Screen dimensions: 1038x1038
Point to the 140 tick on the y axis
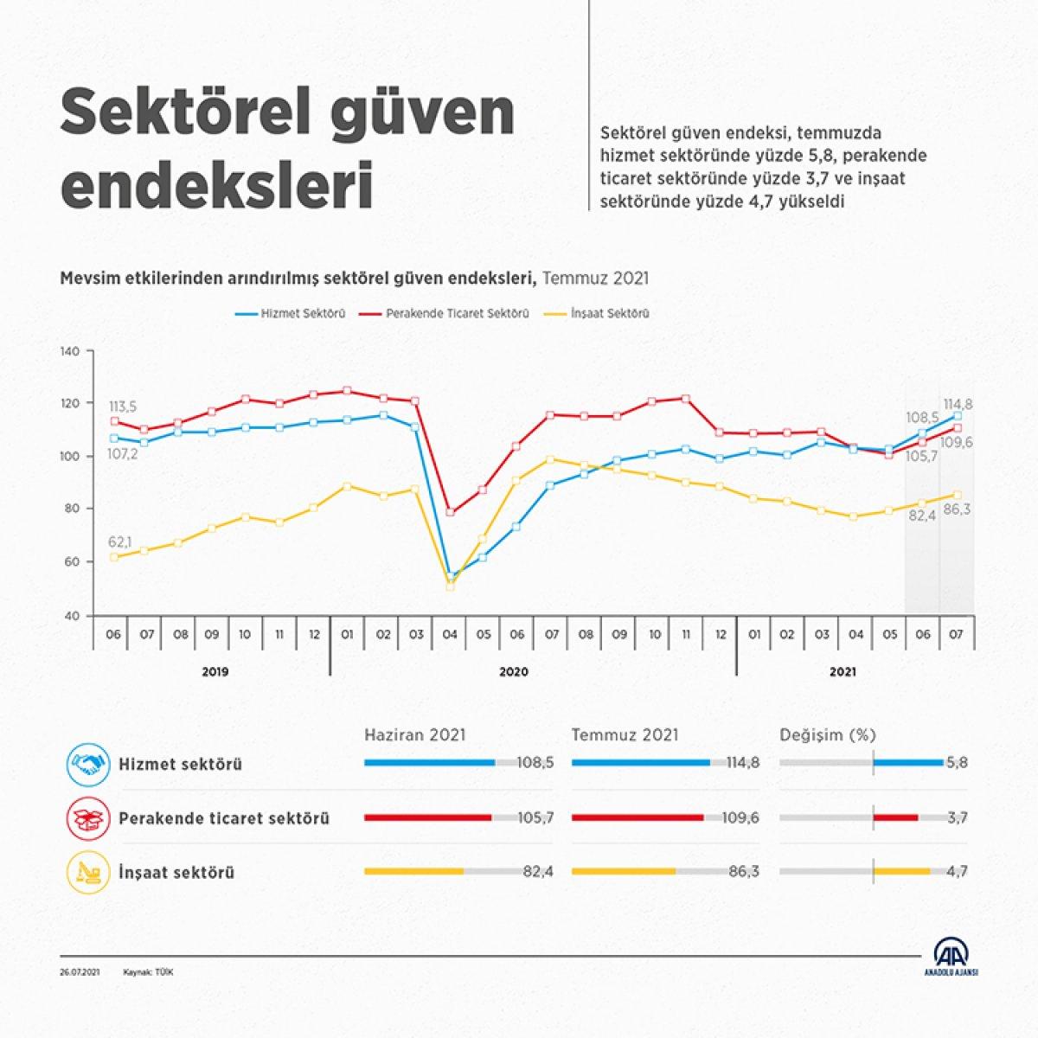click(x=70, y=351)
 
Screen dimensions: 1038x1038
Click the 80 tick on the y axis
click(x=70, y=509)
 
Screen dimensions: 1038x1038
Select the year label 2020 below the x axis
click(x=514, y=671)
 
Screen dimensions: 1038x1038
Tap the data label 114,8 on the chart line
click(x=958, y=403)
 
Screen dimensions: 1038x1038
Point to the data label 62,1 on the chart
click(x=121, y=541)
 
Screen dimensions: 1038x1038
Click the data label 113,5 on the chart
click(x=123, y=406)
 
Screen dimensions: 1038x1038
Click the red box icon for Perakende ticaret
click(x=88, y=818)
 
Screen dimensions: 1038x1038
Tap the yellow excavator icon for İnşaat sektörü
click(x=88, y=872)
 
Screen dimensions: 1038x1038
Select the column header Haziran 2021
click(x=415, y=735)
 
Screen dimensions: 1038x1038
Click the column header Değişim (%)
click(x=828, y=735)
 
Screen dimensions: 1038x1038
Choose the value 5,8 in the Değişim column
click(x=958, y=764)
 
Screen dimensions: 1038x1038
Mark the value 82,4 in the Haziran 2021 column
click(x=538, y=872)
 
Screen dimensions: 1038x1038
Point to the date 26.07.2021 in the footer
click(x=80, y=972)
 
